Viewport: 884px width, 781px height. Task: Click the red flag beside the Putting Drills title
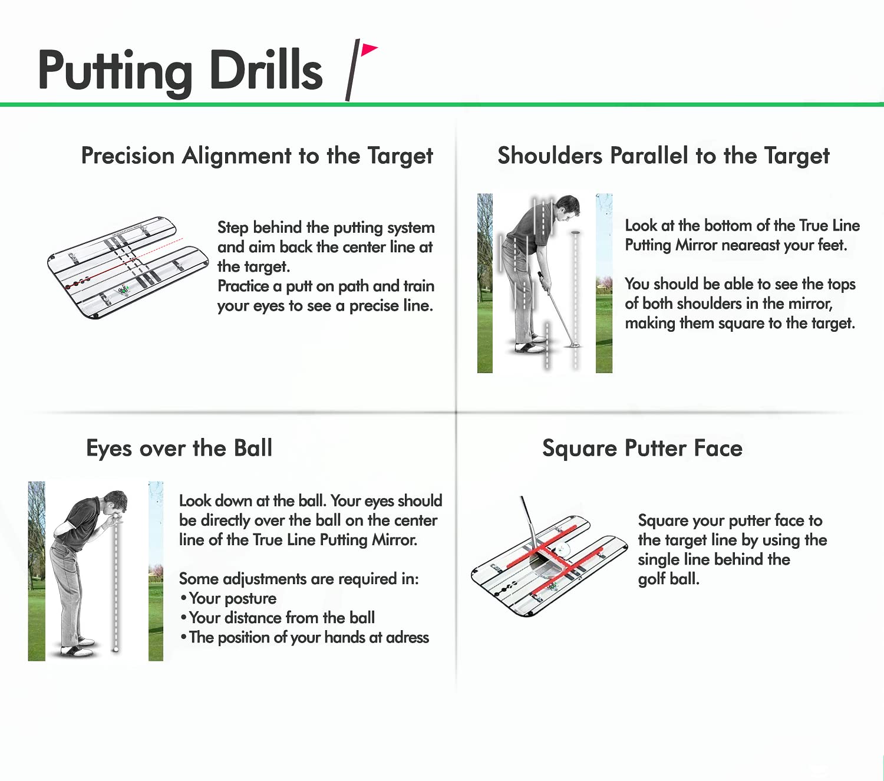click(369, 50)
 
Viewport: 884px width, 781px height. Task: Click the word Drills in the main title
click(266, 70)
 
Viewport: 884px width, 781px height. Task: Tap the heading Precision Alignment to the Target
click(257, 156)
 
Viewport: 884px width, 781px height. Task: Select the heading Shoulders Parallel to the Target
click(663, 156)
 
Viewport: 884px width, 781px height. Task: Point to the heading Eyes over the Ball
click(179, 449)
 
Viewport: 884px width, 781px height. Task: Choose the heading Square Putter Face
click(642, 449)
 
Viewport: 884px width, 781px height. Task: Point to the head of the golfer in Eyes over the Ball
click(116, 503)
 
